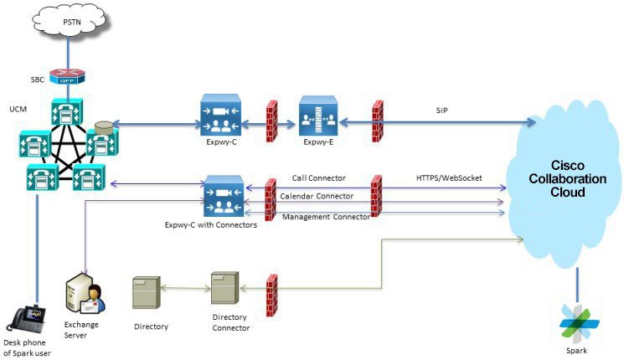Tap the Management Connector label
(x=325, y=217)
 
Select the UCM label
(x=18, y=110)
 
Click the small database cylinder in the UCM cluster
(x=105, y=126)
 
